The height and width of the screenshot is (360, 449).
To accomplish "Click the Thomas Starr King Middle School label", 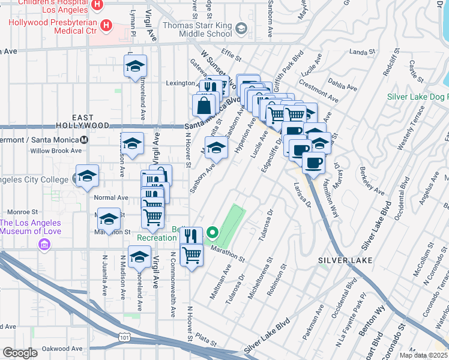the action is coord(198,32).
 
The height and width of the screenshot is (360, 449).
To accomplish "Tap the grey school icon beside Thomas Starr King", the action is coord(241,28).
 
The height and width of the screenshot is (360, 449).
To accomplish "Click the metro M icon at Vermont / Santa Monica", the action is coord(84,139).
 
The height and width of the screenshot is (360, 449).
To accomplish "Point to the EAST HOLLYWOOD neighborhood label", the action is coord(91,121).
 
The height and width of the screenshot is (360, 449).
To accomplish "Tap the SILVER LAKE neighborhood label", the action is coord(345,260).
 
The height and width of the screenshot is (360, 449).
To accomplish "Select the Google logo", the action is coord(20,353).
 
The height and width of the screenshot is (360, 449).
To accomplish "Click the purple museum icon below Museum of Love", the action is coord(43,244).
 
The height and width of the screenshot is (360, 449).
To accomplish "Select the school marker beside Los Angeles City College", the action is coord(88,176).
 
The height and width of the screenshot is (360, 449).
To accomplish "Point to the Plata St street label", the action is coord(205,340).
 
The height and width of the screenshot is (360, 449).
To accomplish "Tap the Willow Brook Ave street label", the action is coord(56,151).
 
